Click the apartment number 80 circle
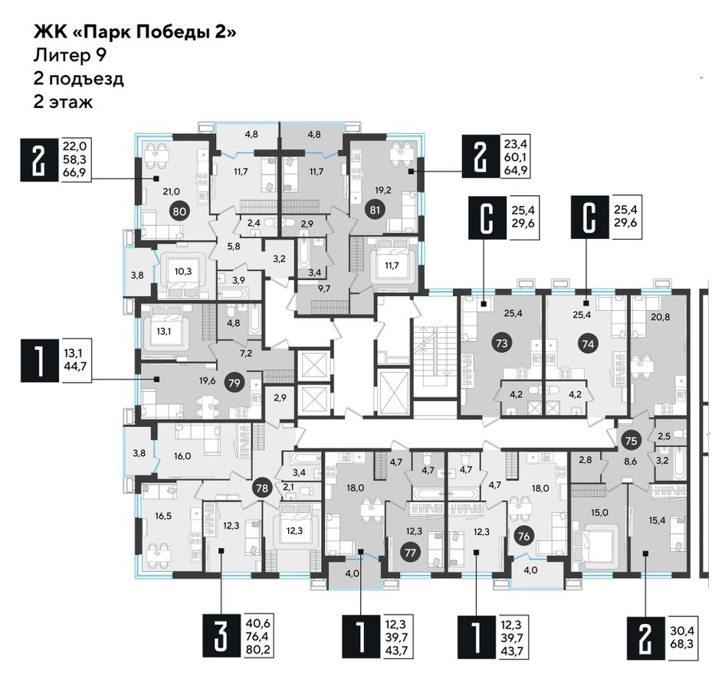click(179, 212)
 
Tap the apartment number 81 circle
click(375, 210)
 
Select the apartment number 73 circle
click(501, 344)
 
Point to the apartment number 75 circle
click(631, 440)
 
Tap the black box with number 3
click(221, 636)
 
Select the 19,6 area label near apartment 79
click(207, 381)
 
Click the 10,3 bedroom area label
click(183, 272)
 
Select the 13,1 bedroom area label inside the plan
click(164, 331)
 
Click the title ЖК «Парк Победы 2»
click(135, 33)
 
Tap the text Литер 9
click(70, 55)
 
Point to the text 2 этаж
click(63, 102)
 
